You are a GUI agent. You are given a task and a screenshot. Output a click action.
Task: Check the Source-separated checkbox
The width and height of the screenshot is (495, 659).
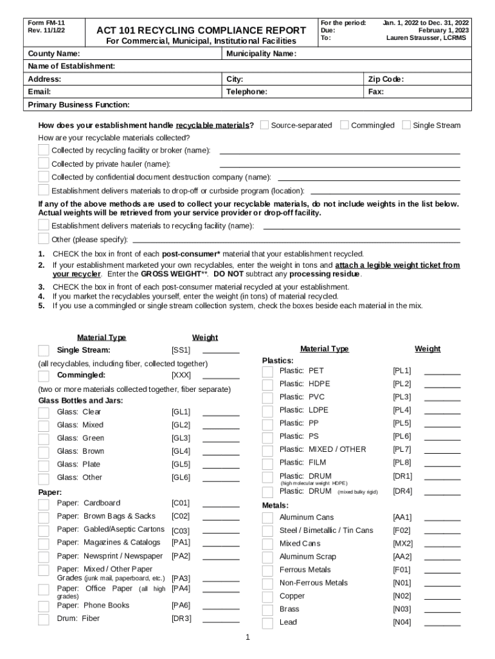(264, 125)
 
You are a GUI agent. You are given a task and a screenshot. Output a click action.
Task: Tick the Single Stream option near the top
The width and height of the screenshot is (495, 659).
(406, 125)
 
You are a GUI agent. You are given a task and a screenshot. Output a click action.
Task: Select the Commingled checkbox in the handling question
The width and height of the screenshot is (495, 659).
(345, 125)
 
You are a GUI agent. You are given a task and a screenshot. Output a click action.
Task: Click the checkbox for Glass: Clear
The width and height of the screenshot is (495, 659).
(44, 413)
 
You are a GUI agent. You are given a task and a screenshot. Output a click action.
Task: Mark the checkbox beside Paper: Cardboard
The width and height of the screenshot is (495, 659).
(44, 504)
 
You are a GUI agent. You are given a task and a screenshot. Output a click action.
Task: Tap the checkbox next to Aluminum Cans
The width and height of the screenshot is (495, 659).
(268, 518)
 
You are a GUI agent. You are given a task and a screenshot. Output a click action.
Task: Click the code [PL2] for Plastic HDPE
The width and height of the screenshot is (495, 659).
(402, 384)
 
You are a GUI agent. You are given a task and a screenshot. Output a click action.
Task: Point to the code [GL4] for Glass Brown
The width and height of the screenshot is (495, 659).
(181, 451)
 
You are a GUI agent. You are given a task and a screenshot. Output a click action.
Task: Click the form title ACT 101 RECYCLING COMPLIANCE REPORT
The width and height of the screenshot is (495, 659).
(201, 30)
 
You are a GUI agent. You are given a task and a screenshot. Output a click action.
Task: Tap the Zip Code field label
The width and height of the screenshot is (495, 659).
(386, 79)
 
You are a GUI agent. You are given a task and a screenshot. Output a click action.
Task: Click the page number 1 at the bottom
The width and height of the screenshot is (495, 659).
(248, 638)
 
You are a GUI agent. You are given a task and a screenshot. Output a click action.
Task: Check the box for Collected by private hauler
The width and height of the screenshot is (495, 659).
(44, 164)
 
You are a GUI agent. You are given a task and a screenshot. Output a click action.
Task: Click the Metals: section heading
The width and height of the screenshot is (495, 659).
(275, 505)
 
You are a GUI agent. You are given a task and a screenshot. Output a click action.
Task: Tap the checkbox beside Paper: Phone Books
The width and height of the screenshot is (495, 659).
(44, 606)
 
